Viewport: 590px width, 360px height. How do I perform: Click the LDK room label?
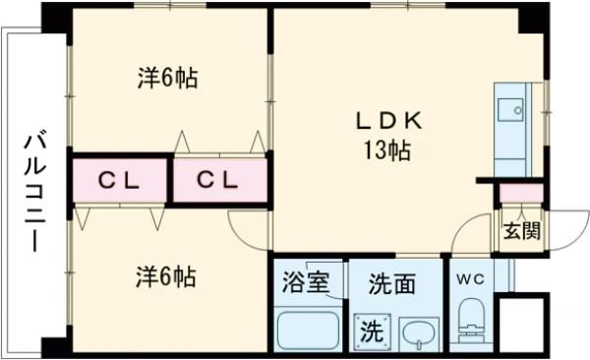pos(388,122)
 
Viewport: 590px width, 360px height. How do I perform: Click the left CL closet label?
pos(119,180)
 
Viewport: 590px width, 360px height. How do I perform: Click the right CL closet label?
pos(218,180)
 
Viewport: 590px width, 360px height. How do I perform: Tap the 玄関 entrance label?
pos(520,232)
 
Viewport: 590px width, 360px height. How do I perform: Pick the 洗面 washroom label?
pos(390,284)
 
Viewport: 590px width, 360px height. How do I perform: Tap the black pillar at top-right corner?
pos(534,18)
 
